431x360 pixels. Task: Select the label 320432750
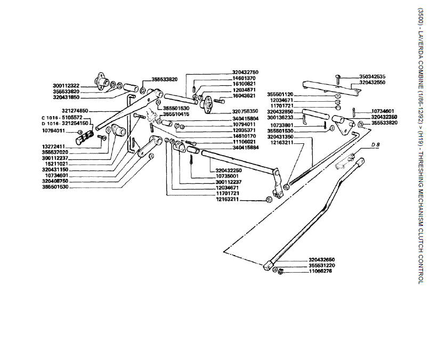point(245,72)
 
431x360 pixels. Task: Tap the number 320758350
point(245,111)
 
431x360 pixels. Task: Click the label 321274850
point(75,111)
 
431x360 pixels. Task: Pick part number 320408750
point(56,181)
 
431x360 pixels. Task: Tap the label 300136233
point(283,118)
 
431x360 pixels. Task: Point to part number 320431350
point(283,137)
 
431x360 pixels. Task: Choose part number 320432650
point(322,259)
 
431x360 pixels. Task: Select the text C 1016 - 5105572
point(62,118)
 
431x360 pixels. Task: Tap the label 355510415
point(176,114)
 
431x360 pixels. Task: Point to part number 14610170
point(245,136)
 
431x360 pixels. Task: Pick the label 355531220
point(322,265)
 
